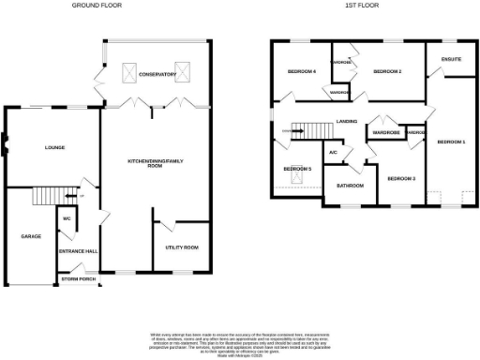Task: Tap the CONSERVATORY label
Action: (157, 74)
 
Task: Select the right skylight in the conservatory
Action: (184, 67)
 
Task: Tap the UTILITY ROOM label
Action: (183, 247)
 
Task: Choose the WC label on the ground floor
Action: (67, 219)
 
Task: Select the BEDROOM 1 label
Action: (450, 142)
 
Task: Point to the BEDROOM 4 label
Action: (301, 72)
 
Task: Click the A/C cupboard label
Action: (332, 153)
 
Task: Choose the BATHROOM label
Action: (350, 186)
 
